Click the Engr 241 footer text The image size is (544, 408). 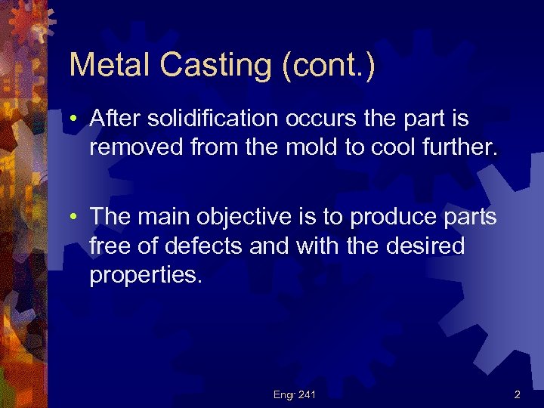[x=295, y=394]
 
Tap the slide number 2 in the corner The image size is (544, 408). [x=518, y=394]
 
